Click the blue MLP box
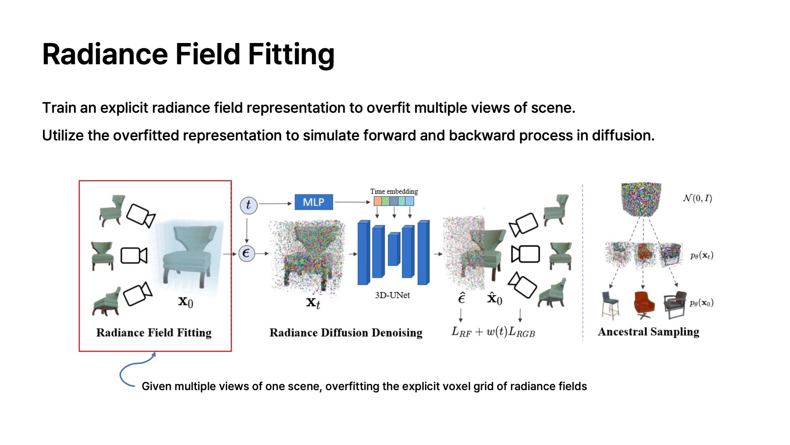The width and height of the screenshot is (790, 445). point(314,202)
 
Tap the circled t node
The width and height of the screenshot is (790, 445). point(248,205)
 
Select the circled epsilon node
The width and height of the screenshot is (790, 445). point(246,254)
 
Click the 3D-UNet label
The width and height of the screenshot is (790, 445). point(392,295)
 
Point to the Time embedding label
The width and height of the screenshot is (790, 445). point(394,191)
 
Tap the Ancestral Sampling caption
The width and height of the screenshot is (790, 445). point(648,332)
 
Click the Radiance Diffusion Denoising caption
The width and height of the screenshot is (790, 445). point(346,333)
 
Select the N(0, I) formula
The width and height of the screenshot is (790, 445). point(697,198)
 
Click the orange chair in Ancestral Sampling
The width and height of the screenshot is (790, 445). point(644,305)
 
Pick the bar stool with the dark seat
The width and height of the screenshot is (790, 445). point(610,305)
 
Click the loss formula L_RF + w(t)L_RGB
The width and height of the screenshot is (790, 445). point(493,332)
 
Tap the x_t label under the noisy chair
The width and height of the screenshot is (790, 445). point(313,303)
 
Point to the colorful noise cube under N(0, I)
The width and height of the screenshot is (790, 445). point(641,199)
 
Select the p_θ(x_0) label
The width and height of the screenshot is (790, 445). point(701,303)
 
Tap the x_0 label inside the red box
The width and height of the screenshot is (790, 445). point(186,302)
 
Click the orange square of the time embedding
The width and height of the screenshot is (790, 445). point(378,201)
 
